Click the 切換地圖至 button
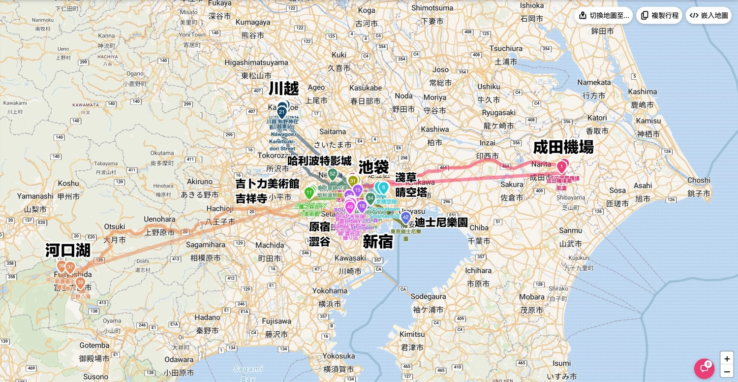(604, 15)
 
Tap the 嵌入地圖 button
(708, 15)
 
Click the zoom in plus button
(727, 359)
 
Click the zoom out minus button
(727, 372)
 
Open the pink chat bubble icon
(704, 368)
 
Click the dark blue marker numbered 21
(282, 112)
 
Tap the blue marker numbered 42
(405, 217)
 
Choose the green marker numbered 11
(309, 192)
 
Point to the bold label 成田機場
(563, 147)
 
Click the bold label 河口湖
(68, 250)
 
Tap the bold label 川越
(284, 89)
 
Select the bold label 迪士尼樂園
(441, 222)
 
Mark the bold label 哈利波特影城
(320, 161)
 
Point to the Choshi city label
(699, 180)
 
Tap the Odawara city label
(179, 359)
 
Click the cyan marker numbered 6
(383, 188)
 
